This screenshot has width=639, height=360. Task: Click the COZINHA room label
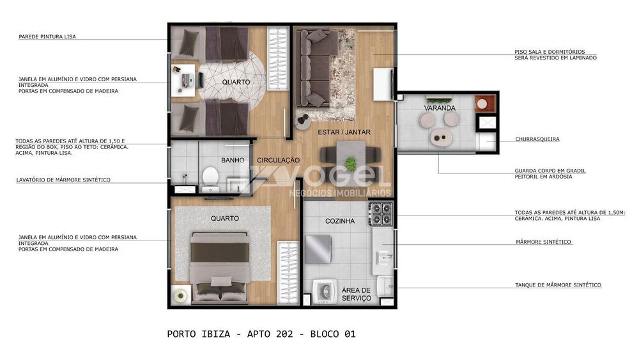[340, 221]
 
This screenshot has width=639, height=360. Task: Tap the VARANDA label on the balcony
[440, 108]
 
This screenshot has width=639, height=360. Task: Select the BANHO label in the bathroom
[233, 160]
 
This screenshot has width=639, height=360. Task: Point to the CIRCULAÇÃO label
[279, 160]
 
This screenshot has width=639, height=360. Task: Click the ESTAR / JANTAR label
[344, 132]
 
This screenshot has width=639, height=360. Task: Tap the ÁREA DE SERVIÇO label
[356, 294]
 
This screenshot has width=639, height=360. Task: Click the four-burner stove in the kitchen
[381, 214]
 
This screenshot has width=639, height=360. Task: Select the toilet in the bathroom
[210, 176]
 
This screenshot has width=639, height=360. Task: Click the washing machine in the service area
[326, 292]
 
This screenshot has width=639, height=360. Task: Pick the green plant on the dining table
[350, 164]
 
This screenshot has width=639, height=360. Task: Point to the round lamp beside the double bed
[180, 295]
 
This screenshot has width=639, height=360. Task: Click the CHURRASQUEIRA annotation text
[537, 139]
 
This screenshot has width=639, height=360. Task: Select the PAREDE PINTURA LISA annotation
[47, 36]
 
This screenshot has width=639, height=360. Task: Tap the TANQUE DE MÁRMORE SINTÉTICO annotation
[558, 285]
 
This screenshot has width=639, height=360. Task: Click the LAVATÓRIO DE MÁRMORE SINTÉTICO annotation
[63, 180]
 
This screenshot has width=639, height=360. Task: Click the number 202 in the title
[284, 334]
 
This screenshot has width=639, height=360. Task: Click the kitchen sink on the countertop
[384, 257]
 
